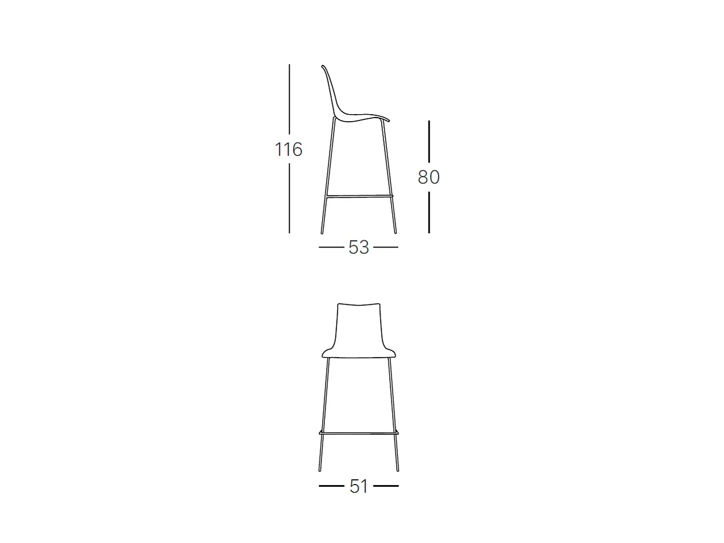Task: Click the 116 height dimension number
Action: point(288,150)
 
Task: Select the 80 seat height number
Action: point(429,177)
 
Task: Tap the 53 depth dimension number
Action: point(359,247)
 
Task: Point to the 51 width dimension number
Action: point(359,486)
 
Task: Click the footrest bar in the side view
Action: point(360,196)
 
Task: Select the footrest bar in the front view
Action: point(359,432)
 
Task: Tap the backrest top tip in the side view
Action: point(323,66)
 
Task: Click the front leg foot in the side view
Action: point(395,232)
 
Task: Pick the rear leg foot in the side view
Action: point(322,232)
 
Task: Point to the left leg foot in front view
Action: point(320,469)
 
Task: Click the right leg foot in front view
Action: point(398,469)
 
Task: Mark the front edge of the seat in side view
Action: point(388,120)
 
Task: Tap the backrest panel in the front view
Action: point(359,327)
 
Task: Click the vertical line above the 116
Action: point(289,99)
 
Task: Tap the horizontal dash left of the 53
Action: point(331,247)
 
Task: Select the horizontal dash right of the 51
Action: point(386,486)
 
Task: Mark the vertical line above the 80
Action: point(429,141)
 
